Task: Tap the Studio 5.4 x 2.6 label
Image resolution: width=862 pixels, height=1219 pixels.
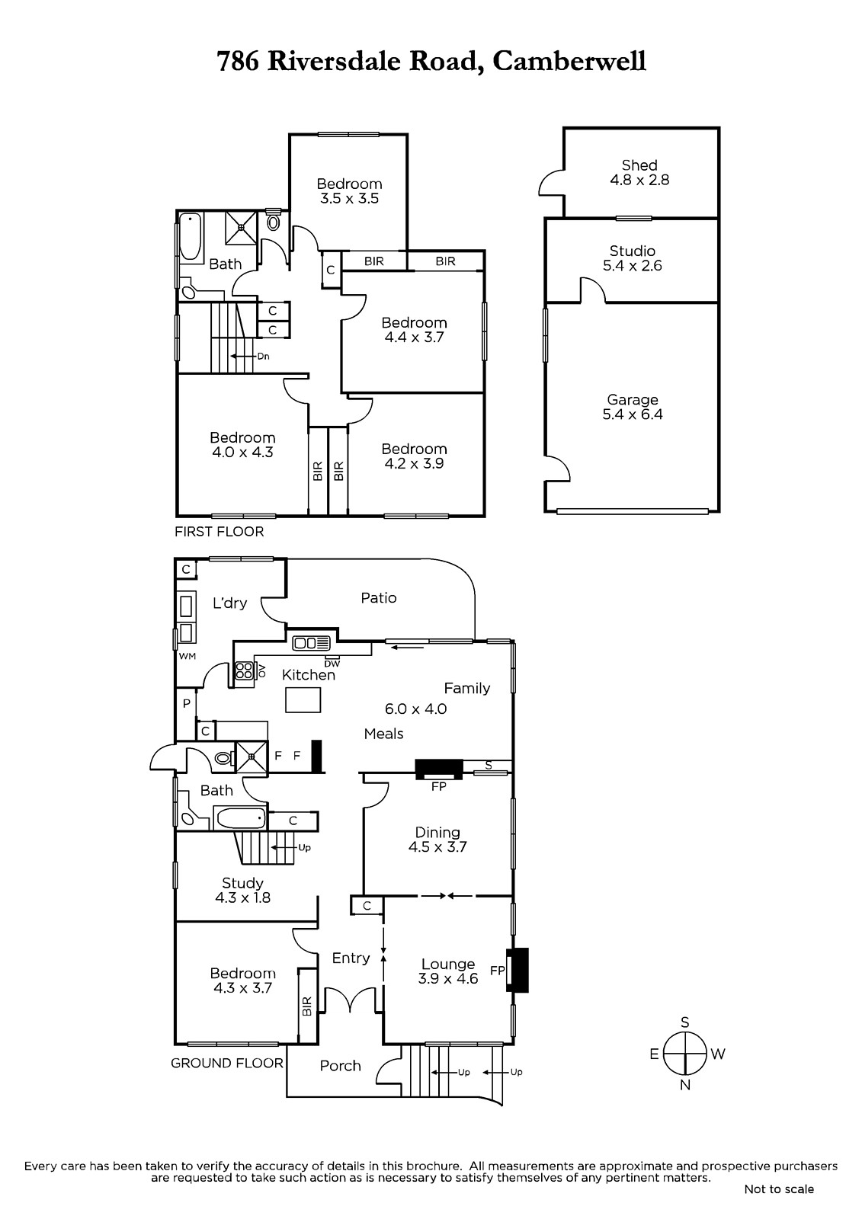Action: [632, 258]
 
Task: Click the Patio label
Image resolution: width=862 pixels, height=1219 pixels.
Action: [379, 598]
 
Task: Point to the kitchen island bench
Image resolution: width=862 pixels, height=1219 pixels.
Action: [303, 700]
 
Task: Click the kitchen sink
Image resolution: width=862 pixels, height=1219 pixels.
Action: [312, 643]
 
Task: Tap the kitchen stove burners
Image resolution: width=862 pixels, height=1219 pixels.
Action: [243, 670]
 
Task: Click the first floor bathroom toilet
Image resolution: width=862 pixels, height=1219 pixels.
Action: [274, 221]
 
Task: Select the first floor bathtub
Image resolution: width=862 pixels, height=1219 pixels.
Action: [190, 237]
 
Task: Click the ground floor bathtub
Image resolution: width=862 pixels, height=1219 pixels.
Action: [240, 818]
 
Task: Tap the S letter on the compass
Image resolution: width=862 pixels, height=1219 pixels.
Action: [685, 1022]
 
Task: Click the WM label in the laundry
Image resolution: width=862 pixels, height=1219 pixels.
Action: [187, 656]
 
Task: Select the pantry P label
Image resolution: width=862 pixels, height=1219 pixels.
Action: [186, 704]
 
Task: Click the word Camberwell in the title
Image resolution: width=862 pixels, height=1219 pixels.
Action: [569, 61]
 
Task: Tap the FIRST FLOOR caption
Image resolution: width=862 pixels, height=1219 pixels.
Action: [219, 532]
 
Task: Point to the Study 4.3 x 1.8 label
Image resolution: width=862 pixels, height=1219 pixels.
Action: [242, 891]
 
